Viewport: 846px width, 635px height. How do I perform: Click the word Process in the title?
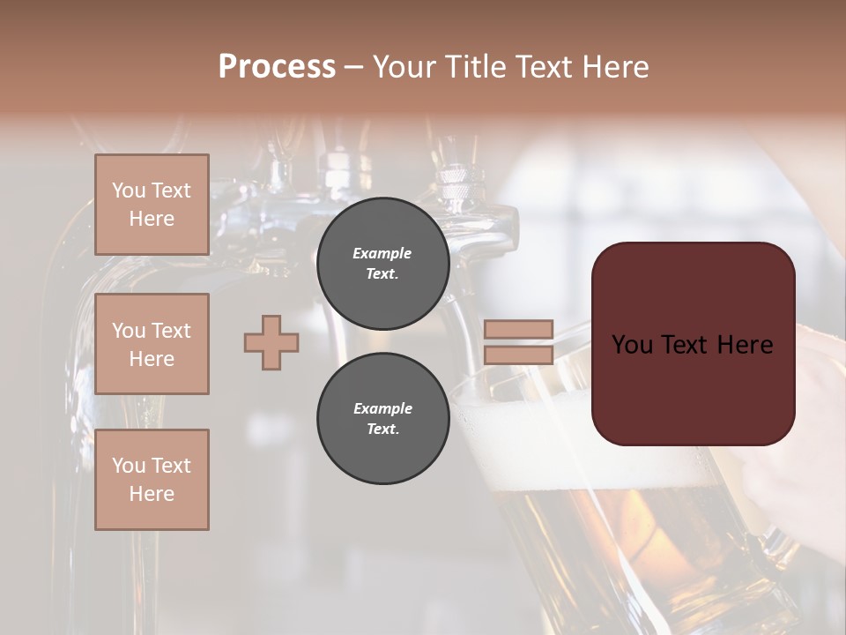point(277,66)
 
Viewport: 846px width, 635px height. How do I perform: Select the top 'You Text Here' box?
point(152,205)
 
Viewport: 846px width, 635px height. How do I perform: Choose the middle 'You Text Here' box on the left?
point(152,344)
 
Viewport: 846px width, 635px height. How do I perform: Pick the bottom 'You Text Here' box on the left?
point(152,480)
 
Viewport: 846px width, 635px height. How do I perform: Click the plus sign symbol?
point(271,342)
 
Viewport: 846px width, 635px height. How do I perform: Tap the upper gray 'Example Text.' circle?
point(382,263)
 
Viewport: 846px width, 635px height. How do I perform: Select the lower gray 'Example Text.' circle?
point(382,418)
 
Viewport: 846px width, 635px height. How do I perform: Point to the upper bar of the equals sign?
point(518,329)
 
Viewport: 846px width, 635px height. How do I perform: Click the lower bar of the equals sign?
point(518,355)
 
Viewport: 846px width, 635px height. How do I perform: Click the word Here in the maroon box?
point(745,345)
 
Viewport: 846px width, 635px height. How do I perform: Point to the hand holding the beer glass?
point(793,476)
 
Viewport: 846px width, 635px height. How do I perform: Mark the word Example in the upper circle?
point(382,253)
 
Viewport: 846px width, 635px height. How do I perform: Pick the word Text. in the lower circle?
point(382,429)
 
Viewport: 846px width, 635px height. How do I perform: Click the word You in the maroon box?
point(633,345)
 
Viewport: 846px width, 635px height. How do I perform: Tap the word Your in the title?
point(405,66)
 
